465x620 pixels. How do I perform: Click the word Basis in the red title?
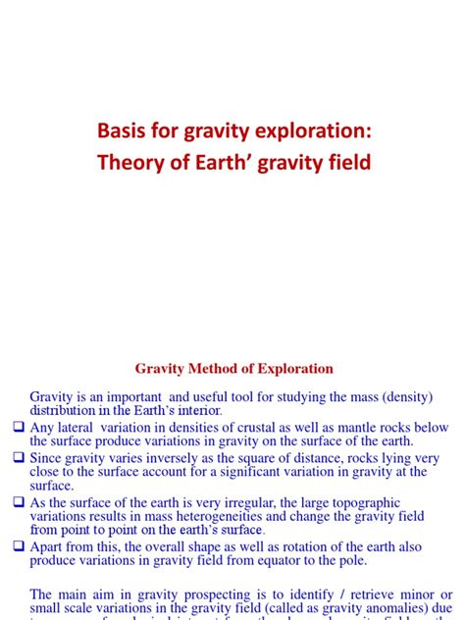click(x=122, y=130)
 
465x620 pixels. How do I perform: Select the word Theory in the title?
click(x=129, y=162)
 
